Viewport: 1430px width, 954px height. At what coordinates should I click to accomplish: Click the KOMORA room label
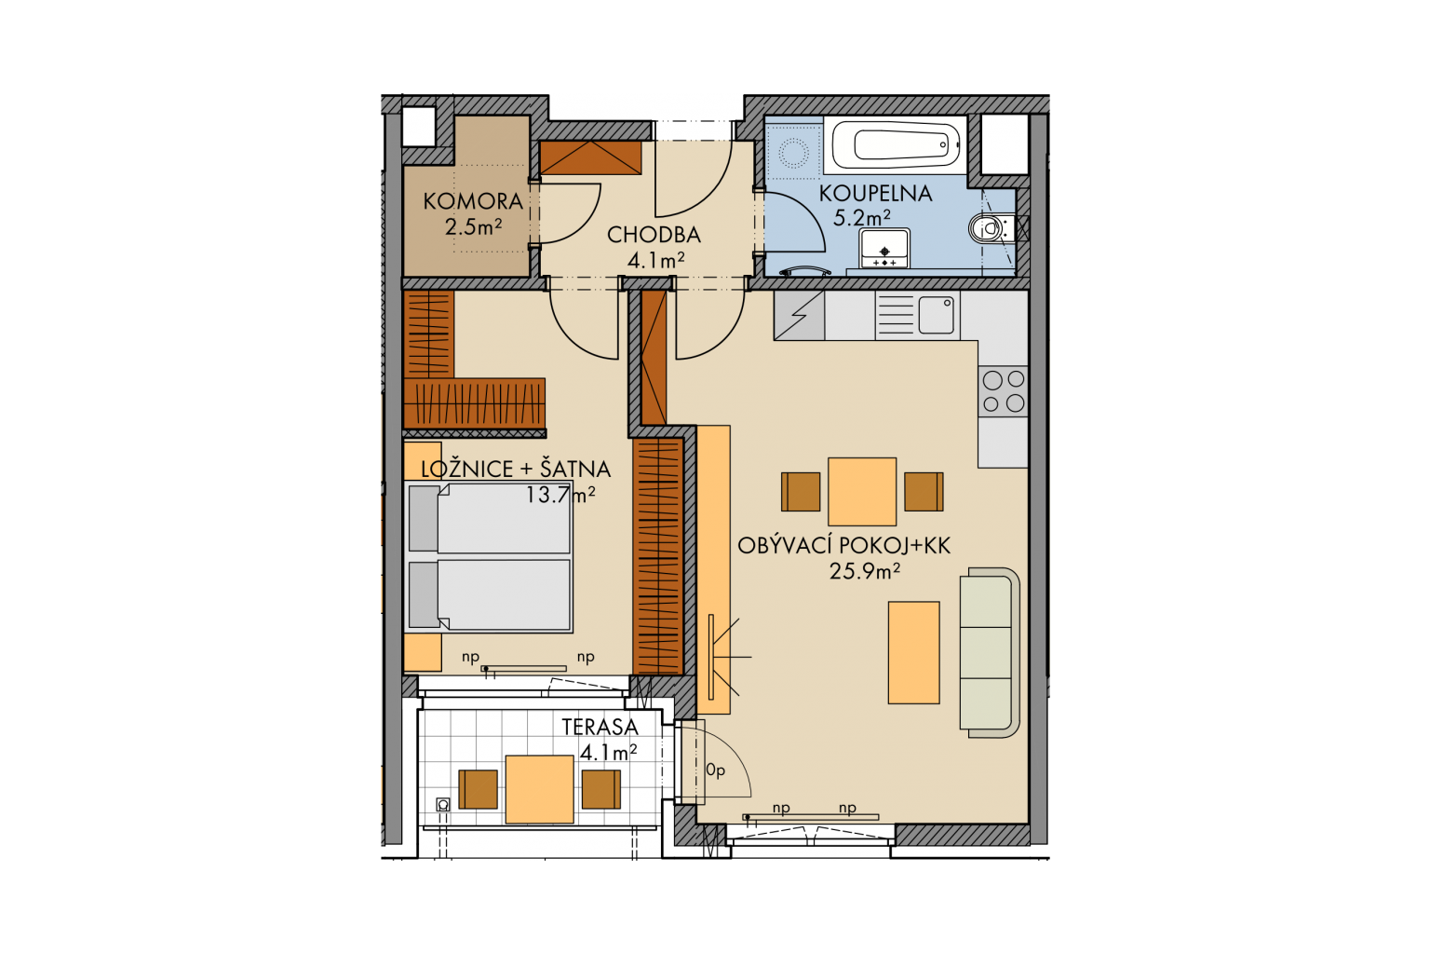pos(473,201)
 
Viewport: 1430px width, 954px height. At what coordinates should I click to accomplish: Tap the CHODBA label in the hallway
pos(654,235)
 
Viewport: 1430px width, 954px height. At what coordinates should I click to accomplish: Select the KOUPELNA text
pos(875,194)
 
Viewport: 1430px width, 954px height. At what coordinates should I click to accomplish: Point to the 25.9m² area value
pos(864,570)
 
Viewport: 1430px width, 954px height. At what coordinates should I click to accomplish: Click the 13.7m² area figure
pos(560,494)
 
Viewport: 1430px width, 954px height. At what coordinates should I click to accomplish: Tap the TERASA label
pos(600,727)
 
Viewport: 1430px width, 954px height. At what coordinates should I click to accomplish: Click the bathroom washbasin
pos(884,248)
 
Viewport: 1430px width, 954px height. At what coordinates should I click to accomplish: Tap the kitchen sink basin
pos(937,315)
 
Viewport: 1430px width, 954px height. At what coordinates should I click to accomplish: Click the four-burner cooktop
pos(1004,391)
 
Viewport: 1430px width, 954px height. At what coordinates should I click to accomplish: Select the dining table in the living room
pos(862,491)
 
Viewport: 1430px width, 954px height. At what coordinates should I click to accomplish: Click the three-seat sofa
pos(989,652)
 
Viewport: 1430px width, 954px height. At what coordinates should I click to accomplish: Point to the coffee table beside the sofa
pos(913,652)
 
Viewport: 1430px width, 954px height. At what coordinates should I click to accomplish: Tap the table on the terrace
pos(539,789)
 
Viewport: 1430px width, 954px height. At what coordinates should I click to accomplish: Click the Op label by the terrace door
pos(716,770)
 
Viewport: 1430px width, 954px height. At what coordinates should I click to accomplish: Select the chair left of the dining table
pos(801,491)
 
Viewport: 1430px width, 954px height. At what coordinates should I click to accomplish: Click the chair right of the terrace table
pos(600,789)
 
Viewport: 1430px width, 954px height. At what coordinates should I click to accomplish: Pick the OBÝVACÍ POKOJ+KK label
pos(844,545)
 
